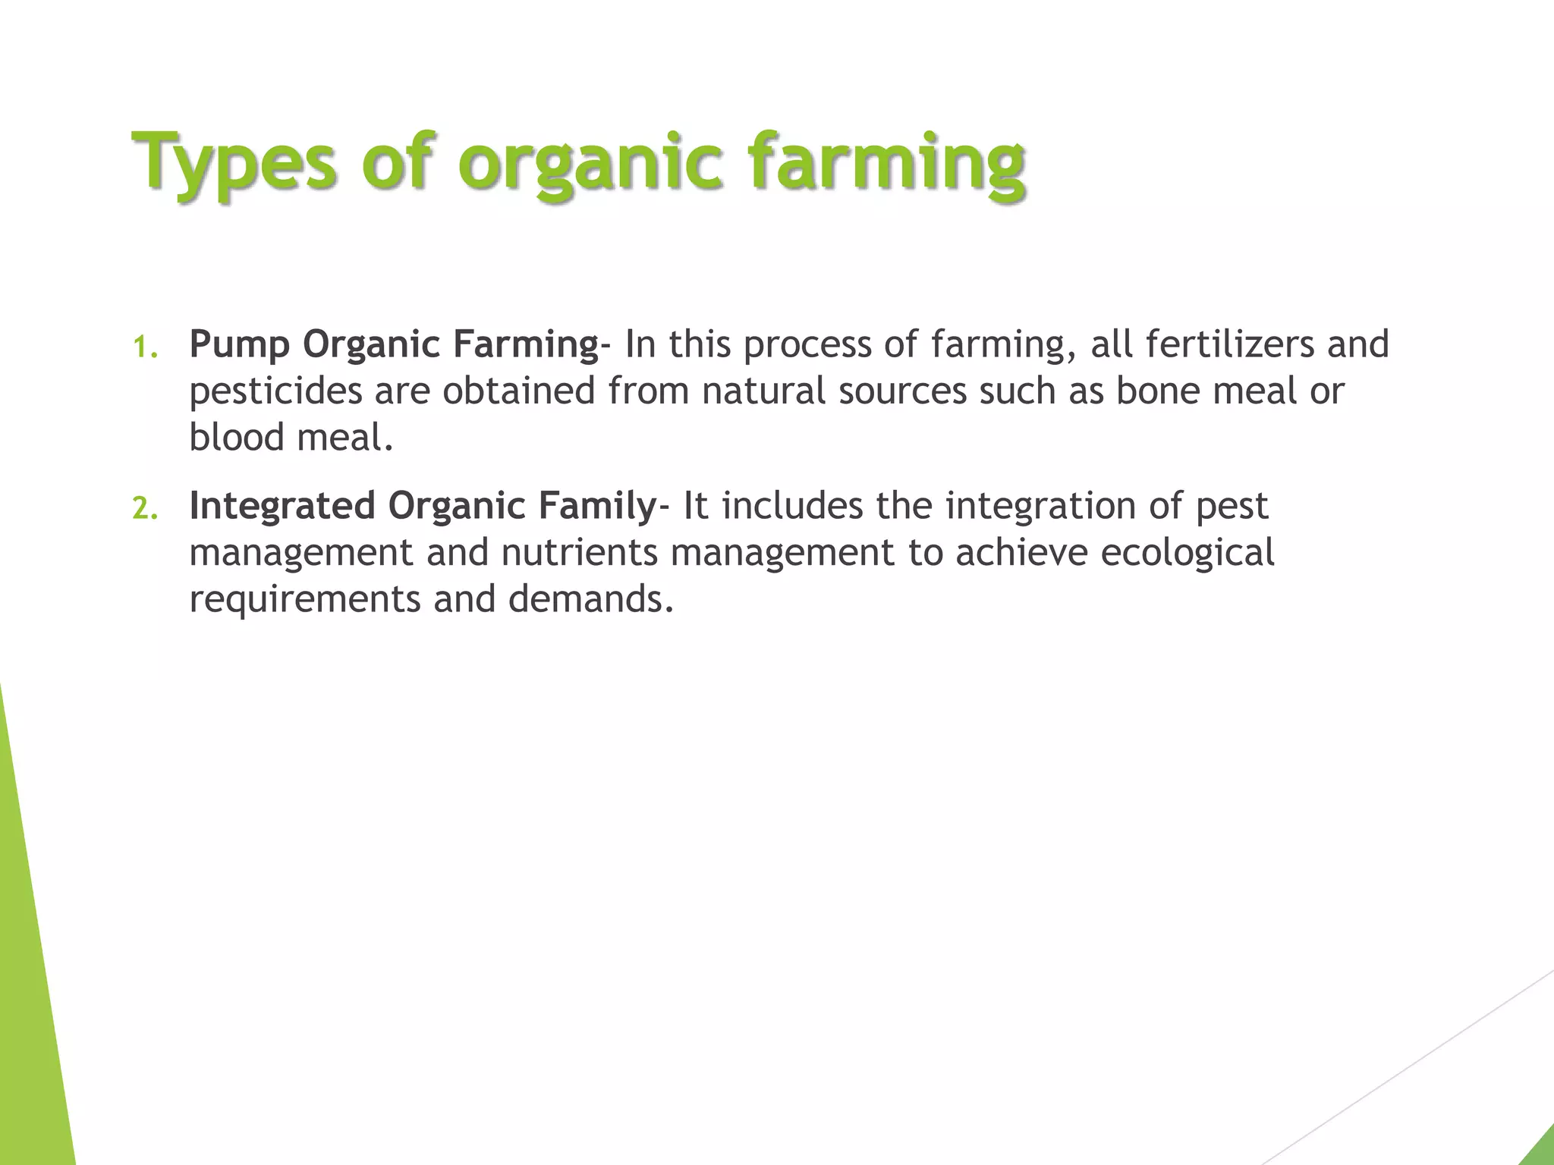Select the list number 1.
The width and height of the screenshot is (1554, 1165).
144,347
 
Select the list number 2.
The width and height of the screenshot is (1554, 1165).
145,508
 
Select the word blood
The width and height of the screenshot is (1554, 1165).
237,438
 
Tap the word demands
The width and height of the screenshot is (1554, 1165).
590,599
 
